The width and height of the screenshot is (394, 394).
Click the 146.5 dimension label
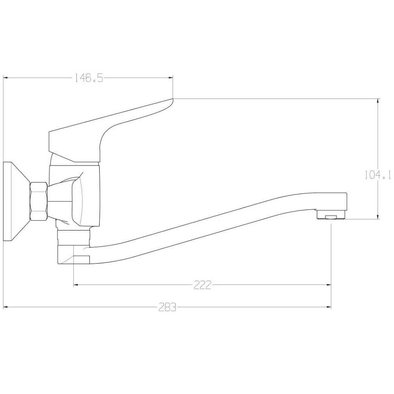(88, 78)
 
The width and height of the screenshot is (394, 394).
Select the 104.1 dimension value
(378, 175)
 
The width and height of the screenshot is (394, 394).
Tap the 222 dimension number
(203, 285)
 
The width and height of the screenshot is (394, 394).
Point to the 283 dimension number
(167, 307)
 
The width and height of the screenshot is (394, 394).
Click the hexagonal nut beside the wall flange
(39, 201)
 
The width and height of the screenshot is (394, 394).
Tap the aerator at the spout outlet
(331, 215)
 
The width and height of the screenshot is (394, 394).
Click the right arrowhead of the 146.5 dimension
(171, 78)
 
